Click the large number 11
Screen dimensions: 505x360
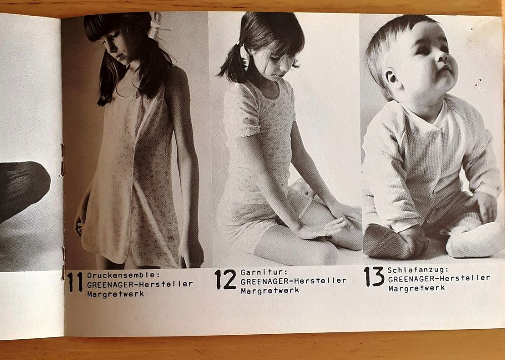coord(75,282)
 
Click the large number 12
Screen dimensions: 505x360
coord(225,279)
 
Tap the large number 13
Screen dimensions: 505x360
coord(374,276)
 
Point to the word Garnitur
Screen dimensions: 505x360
coord(264,273)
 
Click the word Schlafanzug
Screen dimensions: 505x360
coord(418,270)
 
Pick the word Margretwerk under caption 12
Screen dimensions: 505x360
coord(270,290)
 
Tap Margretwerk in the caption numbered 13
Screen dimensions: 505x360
coord(417,288)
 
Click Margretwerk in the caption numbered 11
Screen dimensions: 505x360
coord(115,294)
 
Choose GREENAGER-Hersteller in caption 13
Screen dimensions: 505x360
coord(439,279)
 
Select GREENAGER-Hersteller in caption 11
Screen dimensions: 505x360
coord(140,284)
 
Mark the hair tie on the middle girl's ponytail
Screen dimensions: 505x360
coord(238,43)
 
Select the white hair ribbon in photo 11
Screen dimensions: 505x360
coord(157,23)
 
